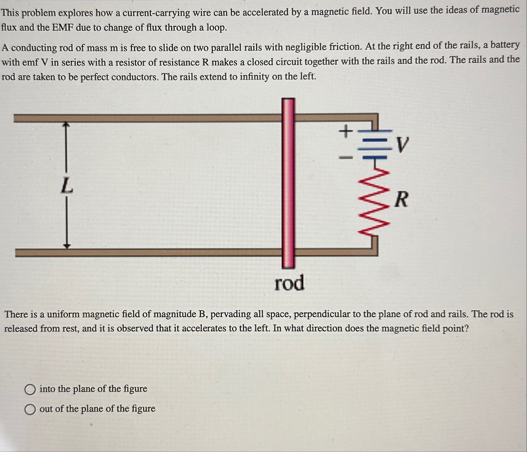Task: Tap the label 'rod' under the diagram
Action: point(289,283)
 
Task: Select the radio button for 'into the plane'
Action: point(29,389)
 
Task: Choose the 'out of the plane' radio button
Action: point(29,409)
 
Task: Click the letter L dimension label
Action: point(66,185)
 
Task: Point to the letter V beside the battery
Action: point(401,145)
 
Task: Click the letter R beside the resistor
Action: point(401,199)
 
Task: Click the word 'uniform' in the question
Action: point(64,314)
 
